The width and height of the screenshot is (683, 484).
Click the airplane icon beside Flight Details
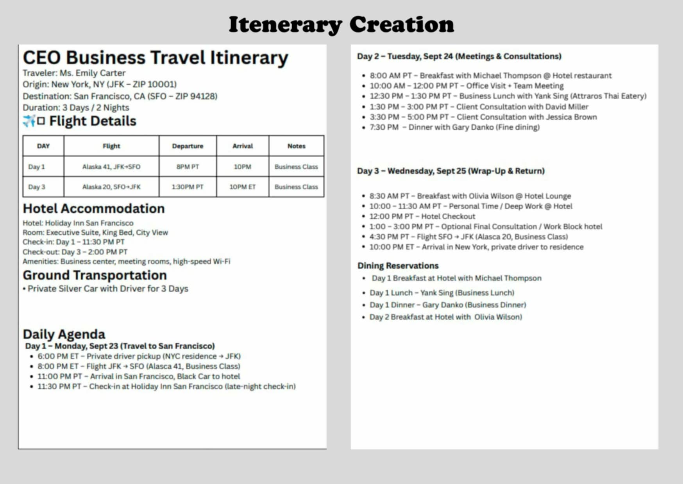click(29, 121)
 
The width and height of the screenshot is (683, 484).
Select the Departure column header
click(188, 146)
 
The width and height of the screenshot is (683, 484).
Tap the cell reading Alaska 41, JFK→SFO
click(111, 167)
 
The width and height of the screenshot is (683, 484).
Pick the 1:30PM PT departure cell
click(188, 187)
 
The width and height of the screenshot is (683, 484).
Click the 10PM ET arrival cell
click(242, 187)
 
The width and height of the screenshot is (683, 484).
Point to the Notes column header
click(296, 146)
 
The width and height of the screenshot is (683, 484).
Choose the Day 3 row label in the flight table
click(37, 187)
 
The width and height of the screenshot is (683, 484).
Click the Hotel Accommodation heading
click(93, 208)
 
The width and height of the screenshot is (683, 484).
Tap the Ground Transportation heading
click(95, 275)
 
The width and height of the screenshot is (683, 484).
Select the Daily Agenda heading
click(64, 334)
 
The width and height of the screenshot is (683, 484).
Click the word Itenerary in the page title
click(285, 25)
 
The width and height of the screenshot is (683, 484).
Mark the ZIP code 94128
click(203, 96)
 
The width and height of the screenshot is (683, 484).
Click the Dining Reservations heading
click(398, 266)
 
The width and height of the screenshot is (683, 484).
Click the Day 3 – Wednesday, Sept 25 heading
click(451, 171)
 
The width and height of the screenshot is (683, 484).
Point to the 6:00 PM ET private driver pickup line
click(139, 356)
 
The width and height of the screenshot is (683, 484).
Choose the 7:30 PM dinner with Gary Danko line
click(454, 127)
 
